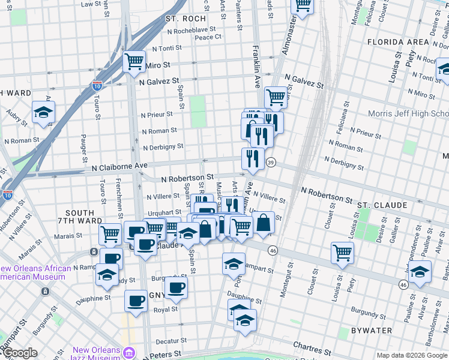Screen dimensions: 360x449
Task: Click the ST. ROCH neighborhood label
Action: (x=186, y=19)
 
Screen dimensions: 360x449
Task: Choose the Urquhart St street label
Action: (x=165, y=212)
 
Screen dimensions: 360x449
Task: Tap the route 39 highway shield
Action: (x=271, y=163)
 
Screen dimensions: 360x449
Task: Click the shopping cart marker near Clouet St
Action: (x=342, y=252)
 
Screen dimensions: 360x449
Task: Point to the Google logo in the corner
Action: (x=20, y=353)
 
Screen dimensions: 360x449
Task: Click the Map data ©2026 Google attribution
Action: (x=412, y=355)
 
